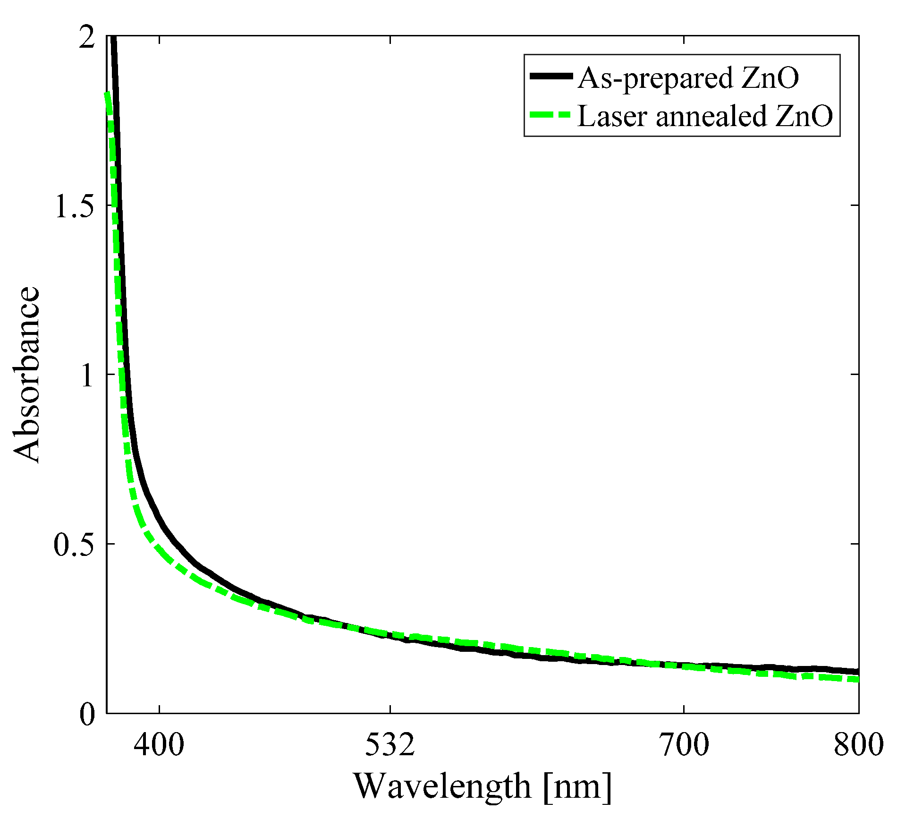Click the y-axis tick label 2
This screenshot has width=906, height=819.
click(87, 37)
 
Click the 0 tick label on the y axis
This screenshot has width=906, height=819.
click(87, 714)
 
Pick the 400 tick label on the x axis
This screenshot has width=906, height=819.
click(159, 745)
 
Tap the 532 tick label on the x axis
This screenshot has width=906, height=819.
click(390, 745)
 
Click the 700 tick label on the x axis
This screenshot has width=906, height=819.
click(684, 745)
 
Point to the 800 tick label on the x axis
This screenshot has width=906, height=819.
click(858, 745)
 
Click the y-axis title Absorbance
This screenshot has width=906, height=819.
click(26, 374)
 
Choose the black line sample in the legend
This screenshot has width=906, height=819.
click(551, 76)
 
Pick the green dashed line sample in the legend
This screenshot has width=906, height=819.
click(551, 115)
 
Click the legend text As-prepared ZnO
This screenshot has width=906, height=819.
click(688, 77)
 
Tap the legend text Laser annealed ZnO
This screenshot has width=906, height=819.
click(705, 116)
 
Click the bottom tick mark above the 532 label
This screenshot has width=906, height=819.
click(390, 709)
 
